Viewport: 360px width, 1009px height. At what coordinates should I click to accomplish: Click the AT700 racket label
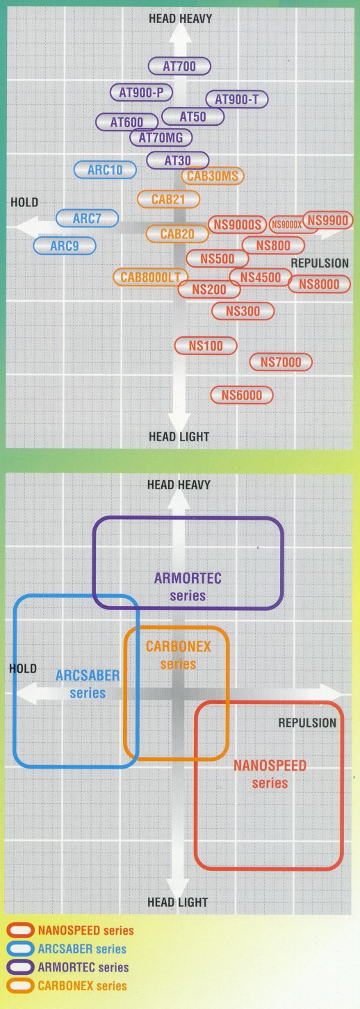179,66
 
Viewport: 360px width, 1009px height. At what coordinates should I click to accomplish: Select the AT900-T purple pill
237,99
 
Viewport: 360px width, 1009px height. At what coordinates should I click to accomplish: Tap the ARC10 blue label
105,170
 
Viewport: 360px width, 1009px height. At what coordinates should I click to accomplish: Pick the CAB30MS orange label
212,176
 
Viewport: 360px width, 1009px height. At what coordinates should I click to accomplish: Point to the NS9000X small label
287,224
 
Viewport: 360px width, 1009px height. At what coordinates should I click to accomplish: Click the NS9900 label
328,220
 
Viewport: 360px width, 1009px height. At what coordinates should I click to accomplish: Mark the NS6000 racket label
242,395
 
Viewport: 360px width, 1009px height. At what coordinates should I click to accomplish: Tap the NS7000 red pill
281,362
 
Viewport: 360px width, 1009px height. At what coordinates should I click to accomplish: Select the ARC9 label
65,246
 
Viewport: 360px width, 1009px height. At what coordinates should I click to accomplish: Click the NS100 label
206,346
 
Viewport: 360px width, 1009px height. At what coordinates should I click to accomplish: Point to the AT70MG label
161,138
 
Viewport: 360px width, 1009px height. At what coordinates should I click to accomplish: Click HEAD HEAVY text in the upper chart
180,19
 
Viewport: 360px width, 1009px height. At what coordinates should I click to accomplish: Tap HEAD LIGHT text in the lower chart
177,902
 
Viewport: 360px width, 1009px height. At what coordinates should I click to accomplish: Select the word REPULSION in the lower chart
307,723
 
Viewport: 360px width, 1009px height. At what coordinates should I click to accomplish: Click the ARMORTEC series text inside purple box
188,586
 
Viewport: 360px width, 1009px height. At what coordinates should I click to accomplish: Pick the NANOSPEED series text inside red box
270,774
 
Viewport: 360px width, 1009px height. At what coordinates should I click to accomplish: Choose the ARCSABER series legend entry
67,949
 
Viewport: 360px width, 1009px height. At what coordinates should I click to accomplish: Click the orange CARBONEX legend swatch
21,985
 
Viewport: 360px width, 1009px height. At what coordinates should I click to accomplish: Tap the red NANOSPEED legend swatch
21,930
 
